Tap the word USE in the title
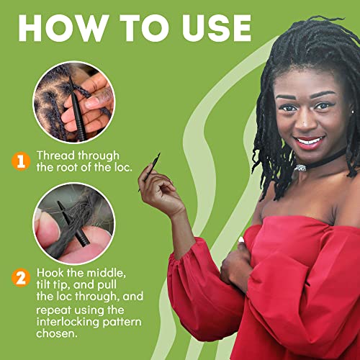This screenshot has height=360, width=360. [x=217, y=28]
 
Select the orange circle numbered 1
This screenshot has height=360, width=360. [x=21, y=161]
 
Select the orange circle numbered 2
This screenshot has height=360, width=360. [x=21, y=278]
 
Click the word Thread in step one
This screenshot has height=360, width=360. [x=55, y=156]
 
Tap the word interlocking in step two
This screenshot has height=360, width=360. [x=68, y=323]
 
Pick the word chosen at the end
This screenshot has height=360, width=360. [x=57, y=333]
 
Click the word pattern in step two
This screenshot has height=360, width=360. [x=122, y=323]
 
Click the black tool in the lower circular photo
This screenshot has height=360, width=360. [x=73, y=223]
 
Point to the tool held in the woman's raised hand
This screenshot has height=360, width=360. [x=150, y=171]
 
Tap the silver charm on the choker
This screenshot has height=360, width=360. [x=301, y=168]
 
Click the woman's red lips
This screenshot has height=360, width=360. [x=309, y=143]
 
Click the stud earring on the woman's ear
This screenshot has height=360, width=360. [x=353, y=112]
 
